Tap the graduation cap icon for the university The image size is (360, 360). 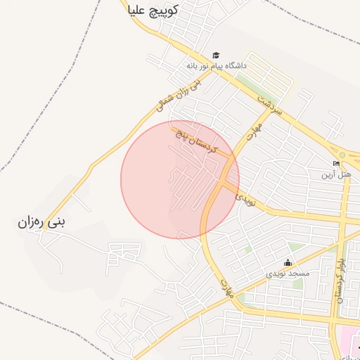tap(216, 56)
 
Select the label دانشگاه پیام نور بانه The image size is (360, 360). tap(217, 65)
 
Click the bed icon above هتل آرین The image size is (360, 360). tap(336, 163)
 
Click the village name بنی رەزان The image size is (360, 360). tap(41, 223)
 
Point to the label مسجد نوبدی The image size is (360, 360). tap(287, 272)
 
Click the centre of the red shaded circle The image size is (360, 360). tap(180, 179)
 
